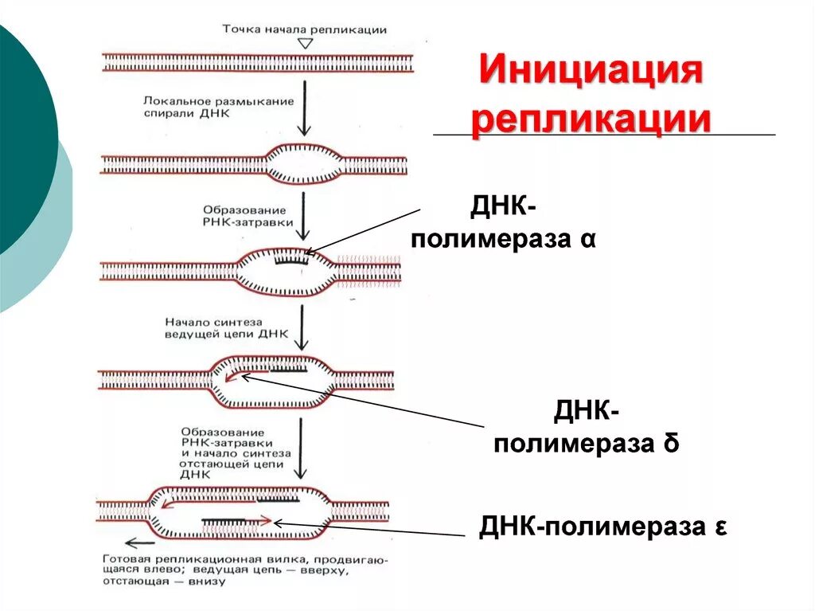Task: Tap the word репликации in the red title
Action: (590, 119)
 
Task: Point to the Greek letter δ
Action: (670, 444)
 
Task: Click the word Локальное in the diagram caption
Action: (174, 102)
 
